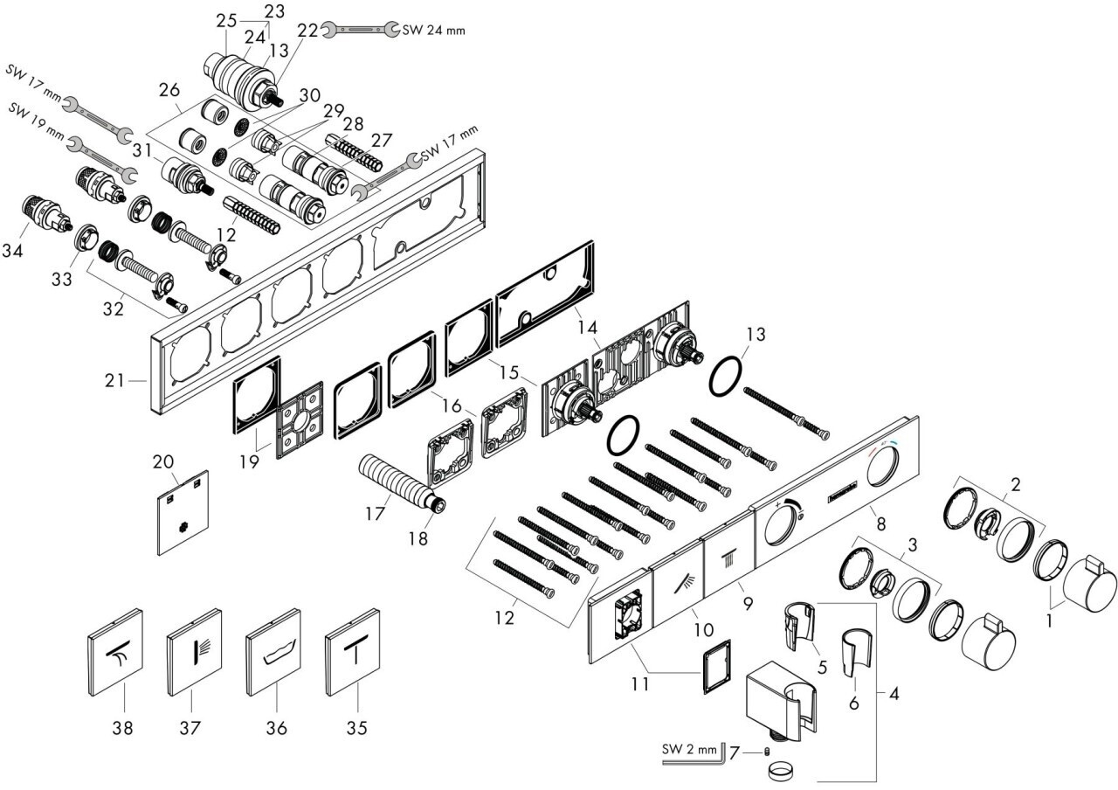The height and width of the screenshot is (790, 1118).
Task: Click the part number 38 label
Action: pyautogui.click(x=123, y=725)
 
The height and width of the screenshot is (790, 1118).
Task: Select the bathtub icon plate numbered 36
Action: pyautogui.click(x=276, y=662)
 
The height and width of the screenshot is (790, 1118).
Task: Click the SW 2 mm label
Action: pyautogui.click(x=690, y=749)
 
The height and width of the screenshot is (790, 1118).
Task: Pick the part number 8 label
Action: pyautogui.click(x=880, y=525)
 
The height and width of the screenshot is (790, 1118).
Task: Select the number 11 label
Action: pyautogui.click(x=640, y=683)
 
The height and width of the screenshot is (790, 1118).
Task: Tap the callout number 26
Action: pyautogui.click(x=169, y=89)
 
